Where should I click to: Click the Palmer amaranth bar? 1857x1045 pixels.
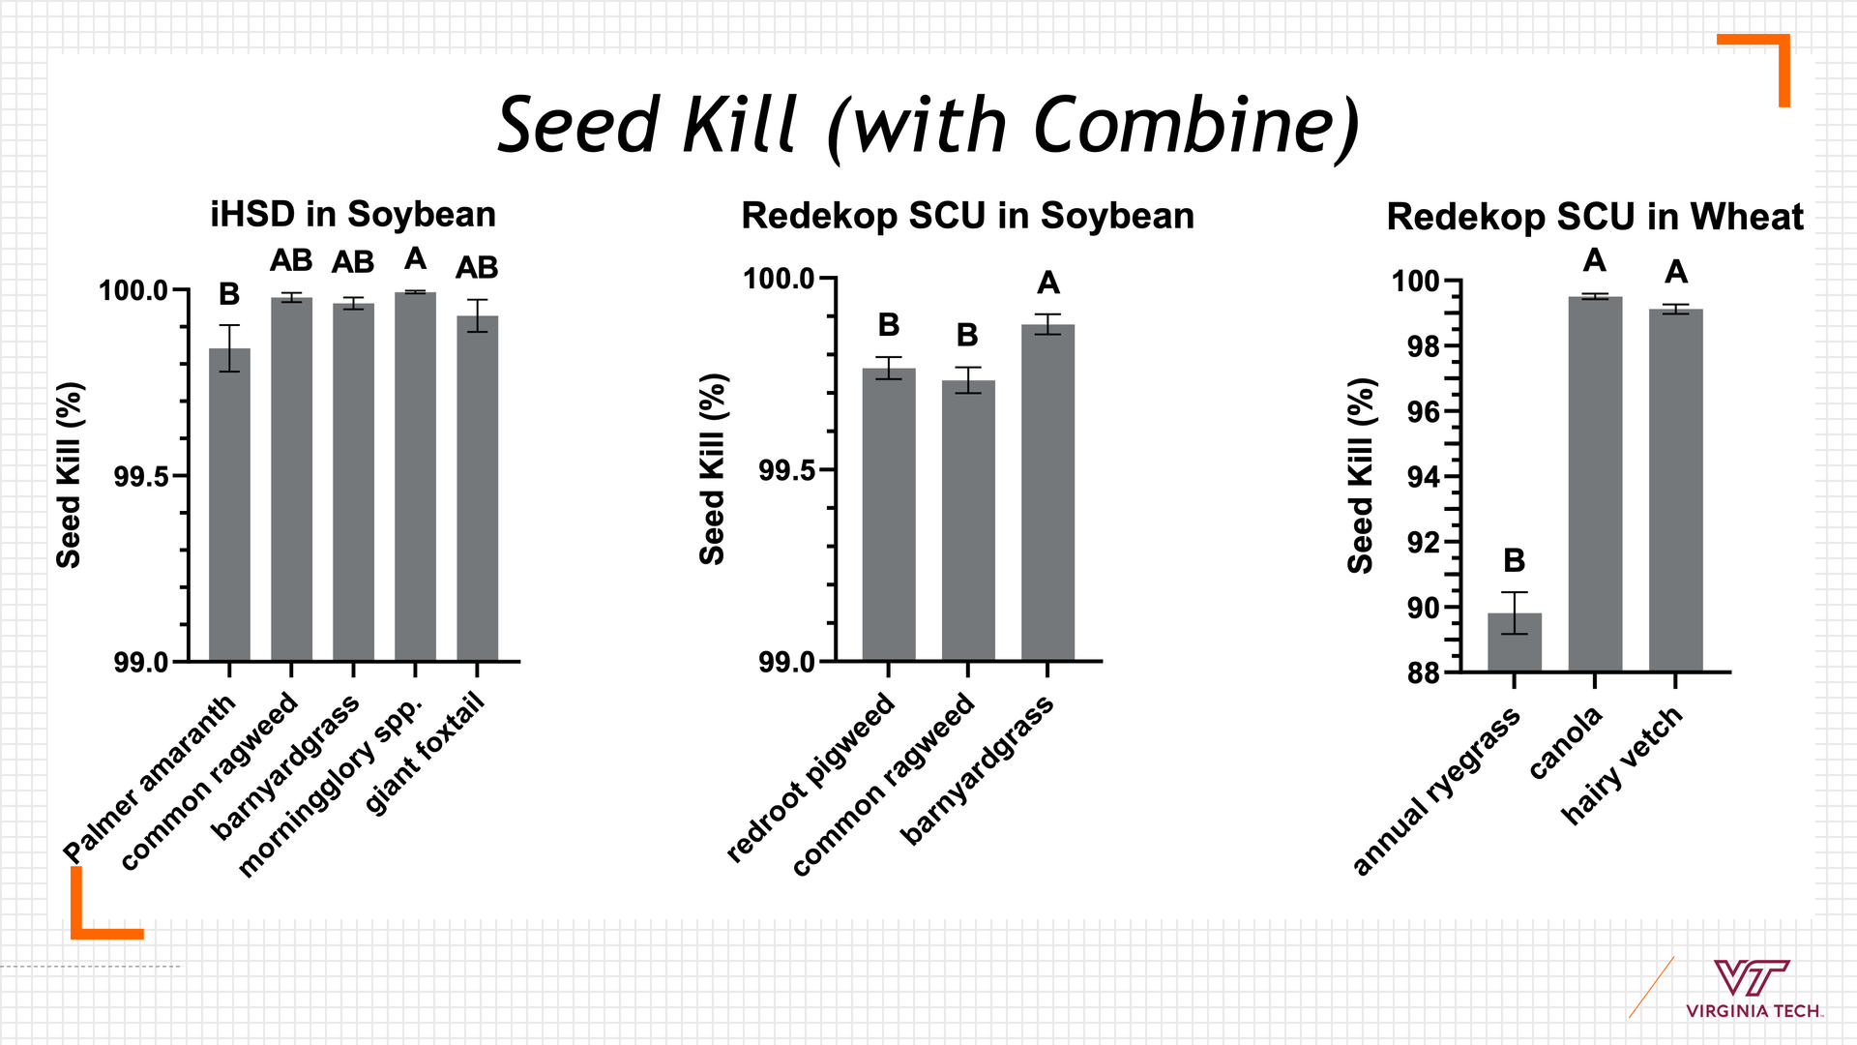coord(229,504)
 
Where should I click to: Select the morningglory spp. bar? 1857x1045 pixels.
coord(415,476)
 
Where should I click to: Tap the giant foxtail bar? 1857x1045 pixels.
coord(478,489)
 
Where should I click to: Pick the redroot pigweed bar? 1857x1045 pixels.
coord(889,515)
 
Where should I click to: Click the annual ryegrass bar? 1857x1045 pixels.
coord(1515,642)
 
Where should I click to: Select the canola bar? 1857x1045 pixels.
coord(1596,484)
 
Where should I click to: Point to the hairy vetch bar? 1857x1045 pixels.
coord(1676,491)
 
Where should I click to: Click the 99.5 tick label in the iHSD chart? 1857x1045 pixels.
coord(142,477)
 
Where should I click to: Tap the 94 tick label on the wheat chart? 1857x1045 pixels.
coord(1423,477)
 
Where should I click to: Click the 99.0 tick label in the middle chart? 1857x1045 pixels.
coord(787,663)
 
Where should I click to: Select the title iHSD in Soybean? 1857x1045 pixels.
coord(353,214)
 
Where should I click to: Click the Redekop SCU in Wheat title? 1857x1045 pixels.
coord(1595,217)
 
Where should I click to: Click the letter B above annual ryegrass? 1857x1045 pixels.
coord(1515,560)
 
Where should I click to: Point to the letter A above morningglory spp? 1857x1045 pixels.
coord(415,258)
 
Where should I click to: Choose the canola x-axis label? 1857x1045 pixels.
coord(1566,742)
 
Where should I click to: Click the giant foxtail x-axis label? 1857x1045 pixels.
coord(425,755)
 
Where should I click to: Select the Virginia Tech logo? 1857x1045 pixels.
coord(1753,989)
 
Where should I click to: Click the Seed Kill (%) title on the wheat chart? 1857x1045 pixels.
coord(1361,476)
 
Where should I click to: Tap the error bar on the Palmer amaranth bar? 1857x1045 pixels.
coord(229,348)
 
